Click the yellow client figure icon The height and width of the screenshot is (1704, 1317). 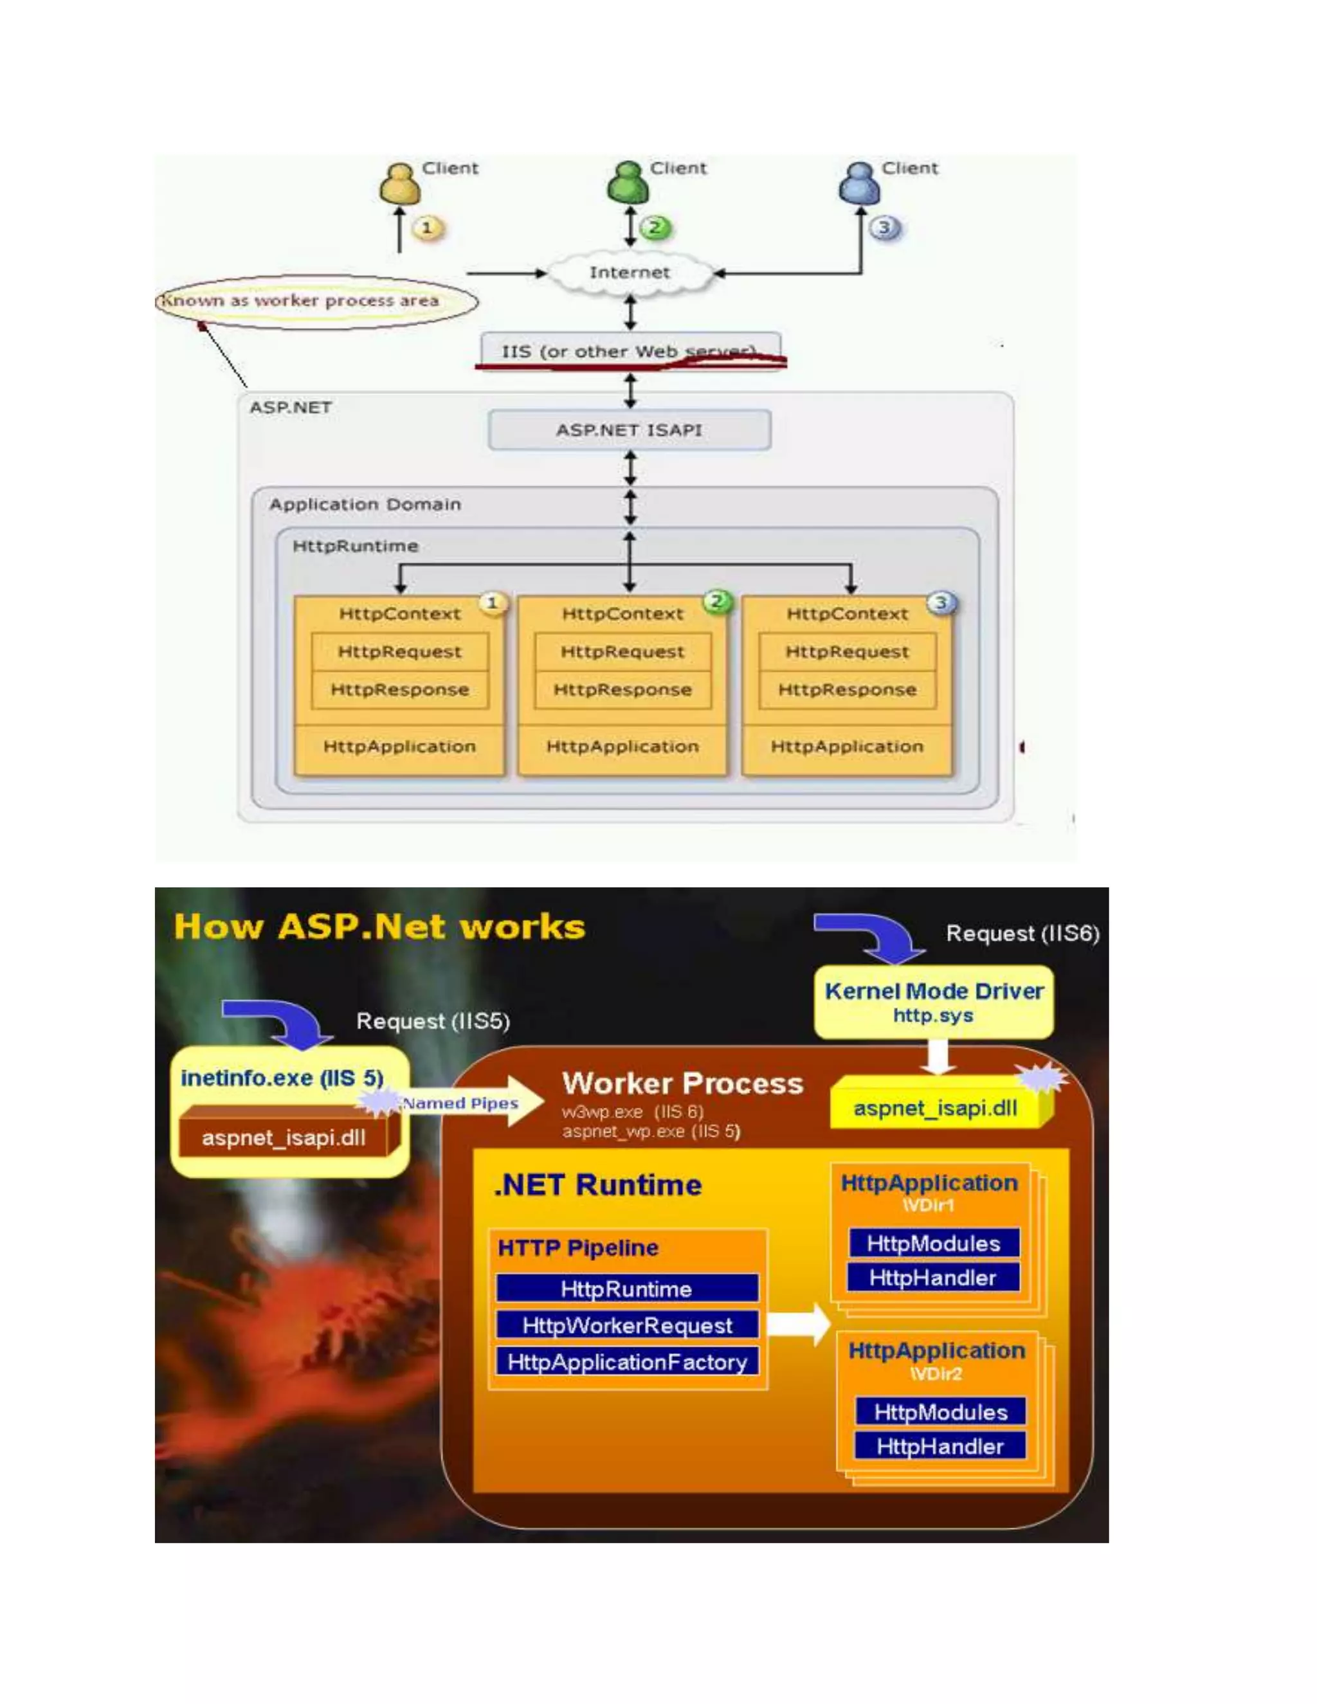(399, 184)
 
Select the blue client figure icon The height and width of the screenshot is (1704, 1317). (859, 183)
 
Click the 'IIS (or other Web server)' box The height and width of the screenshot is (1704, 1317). (630, 351)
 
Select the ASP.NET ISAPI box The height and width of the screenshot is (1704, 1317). (629, 430)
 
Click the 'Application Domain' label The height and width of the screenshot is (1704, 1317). (365, 505)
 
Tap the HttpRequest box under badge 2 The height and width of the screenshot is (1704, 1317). (622, 651)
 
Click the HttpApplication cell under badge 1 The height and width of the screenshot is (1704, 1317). (399, 747)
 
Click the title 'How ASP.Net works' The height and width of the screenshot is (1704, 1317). (379, 927)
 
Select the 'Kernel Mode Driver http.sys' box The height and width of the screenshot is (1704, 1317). (933, 1002)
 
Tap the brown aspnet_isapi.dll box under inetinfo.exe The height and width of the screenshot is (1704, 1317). (284, 1138)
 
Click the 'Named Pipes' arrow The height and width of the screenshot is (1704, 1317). (468, 1102)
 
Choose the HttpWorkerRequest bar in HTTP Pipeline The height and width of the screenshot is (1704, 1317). (627, 1326)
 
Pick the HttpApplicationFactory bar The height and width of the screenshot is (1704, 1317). (627, 1363)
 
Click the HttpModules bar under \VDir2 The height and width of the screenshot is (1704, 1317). (940, 1412)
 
